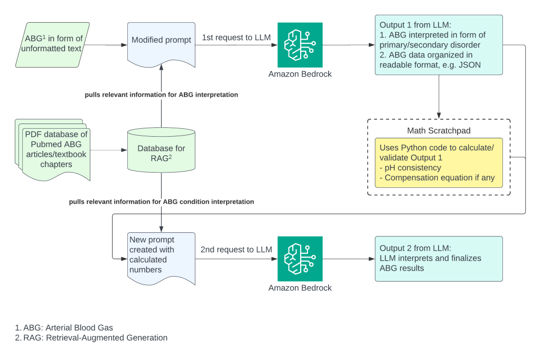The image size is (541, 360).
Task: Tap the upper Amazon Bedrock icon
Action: point(300,45)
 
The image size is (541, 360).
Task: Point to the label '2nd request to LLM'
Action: point(236,250)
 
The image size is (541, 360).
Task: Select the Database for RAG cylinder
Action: point(161,151)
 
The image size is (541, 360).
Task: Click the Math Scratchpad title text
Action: point(438,130)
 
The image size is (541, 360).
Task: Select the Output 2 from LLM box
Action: point(438,258)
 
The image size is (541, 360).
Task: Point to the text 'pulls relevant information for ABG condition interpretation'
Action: point(161,202)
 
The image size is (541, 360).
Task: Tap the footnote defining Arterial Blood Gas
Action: point(64,327)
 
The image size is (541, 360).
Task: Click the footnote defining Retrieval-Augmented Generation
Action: point(91,338)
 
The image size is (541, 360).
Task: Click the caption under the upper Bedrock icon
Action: point(300,74)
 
